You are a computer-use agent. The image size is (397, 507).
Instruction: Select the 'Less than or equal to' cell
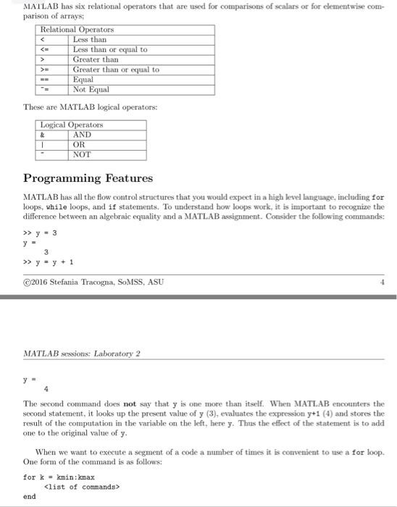click(110, 49)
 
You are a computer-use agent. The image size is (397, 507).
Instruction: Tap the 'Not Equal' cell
click(91, 89)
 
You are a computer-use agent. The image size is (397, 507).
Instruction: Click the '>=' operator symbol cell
click(44, 70)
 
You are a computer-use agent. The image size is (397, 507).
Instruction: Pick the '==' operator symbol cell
click(44, 80)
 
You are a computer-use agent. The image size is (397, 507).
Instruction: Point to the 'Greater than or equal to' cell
click(116, 70)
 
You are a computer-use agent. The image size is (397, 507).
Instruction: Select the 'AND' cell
click(82, 134)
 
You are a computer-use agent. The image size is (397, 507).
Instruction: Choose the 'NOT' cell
click(82, 154)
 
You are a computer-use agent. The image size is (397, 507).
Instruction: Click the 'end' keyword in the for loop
click(30, 497)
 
